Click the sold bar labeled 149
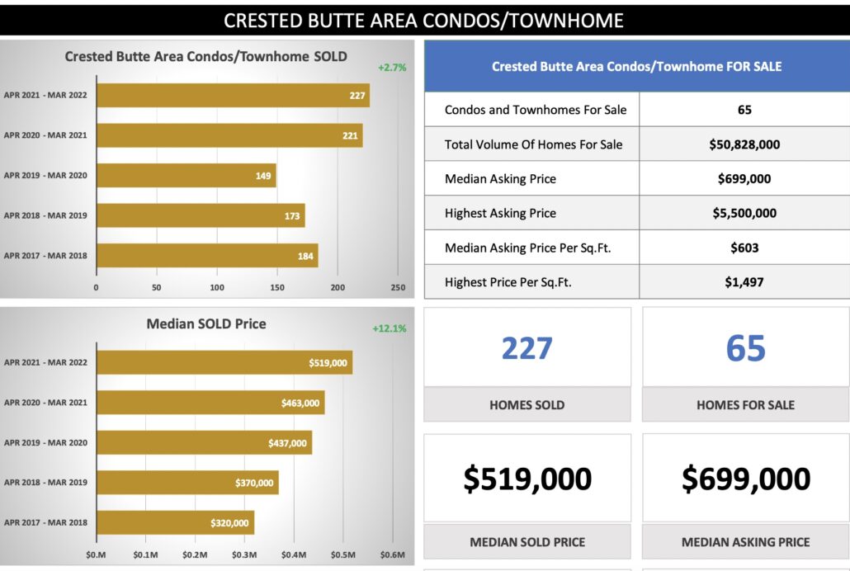point(186,175)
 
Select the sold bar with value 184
point(206,256)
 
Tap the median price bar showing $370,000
point(187,483)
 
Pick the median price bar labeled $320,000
point(174,522)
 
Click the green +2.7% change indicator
point(392,68)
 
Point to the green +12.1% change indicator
point(390,328)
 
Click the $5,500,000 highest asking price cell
point(744,213)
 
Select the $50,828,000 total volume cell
point(744,144)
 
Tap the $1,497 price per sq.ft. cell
point(744,281)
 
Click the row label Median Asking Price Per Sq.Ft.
point(527,248)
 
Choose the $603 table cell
point(744,248)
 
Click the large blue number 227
point(527,348)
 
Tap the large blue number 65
point(746,348)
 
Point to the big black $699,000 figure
point(746,479)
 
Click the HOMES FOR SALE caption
point(746,404)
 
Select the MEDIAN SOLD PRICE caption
point(527,542)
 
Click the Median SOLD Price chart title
point(206,323)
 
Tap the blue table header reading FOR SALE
point(636,66)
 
